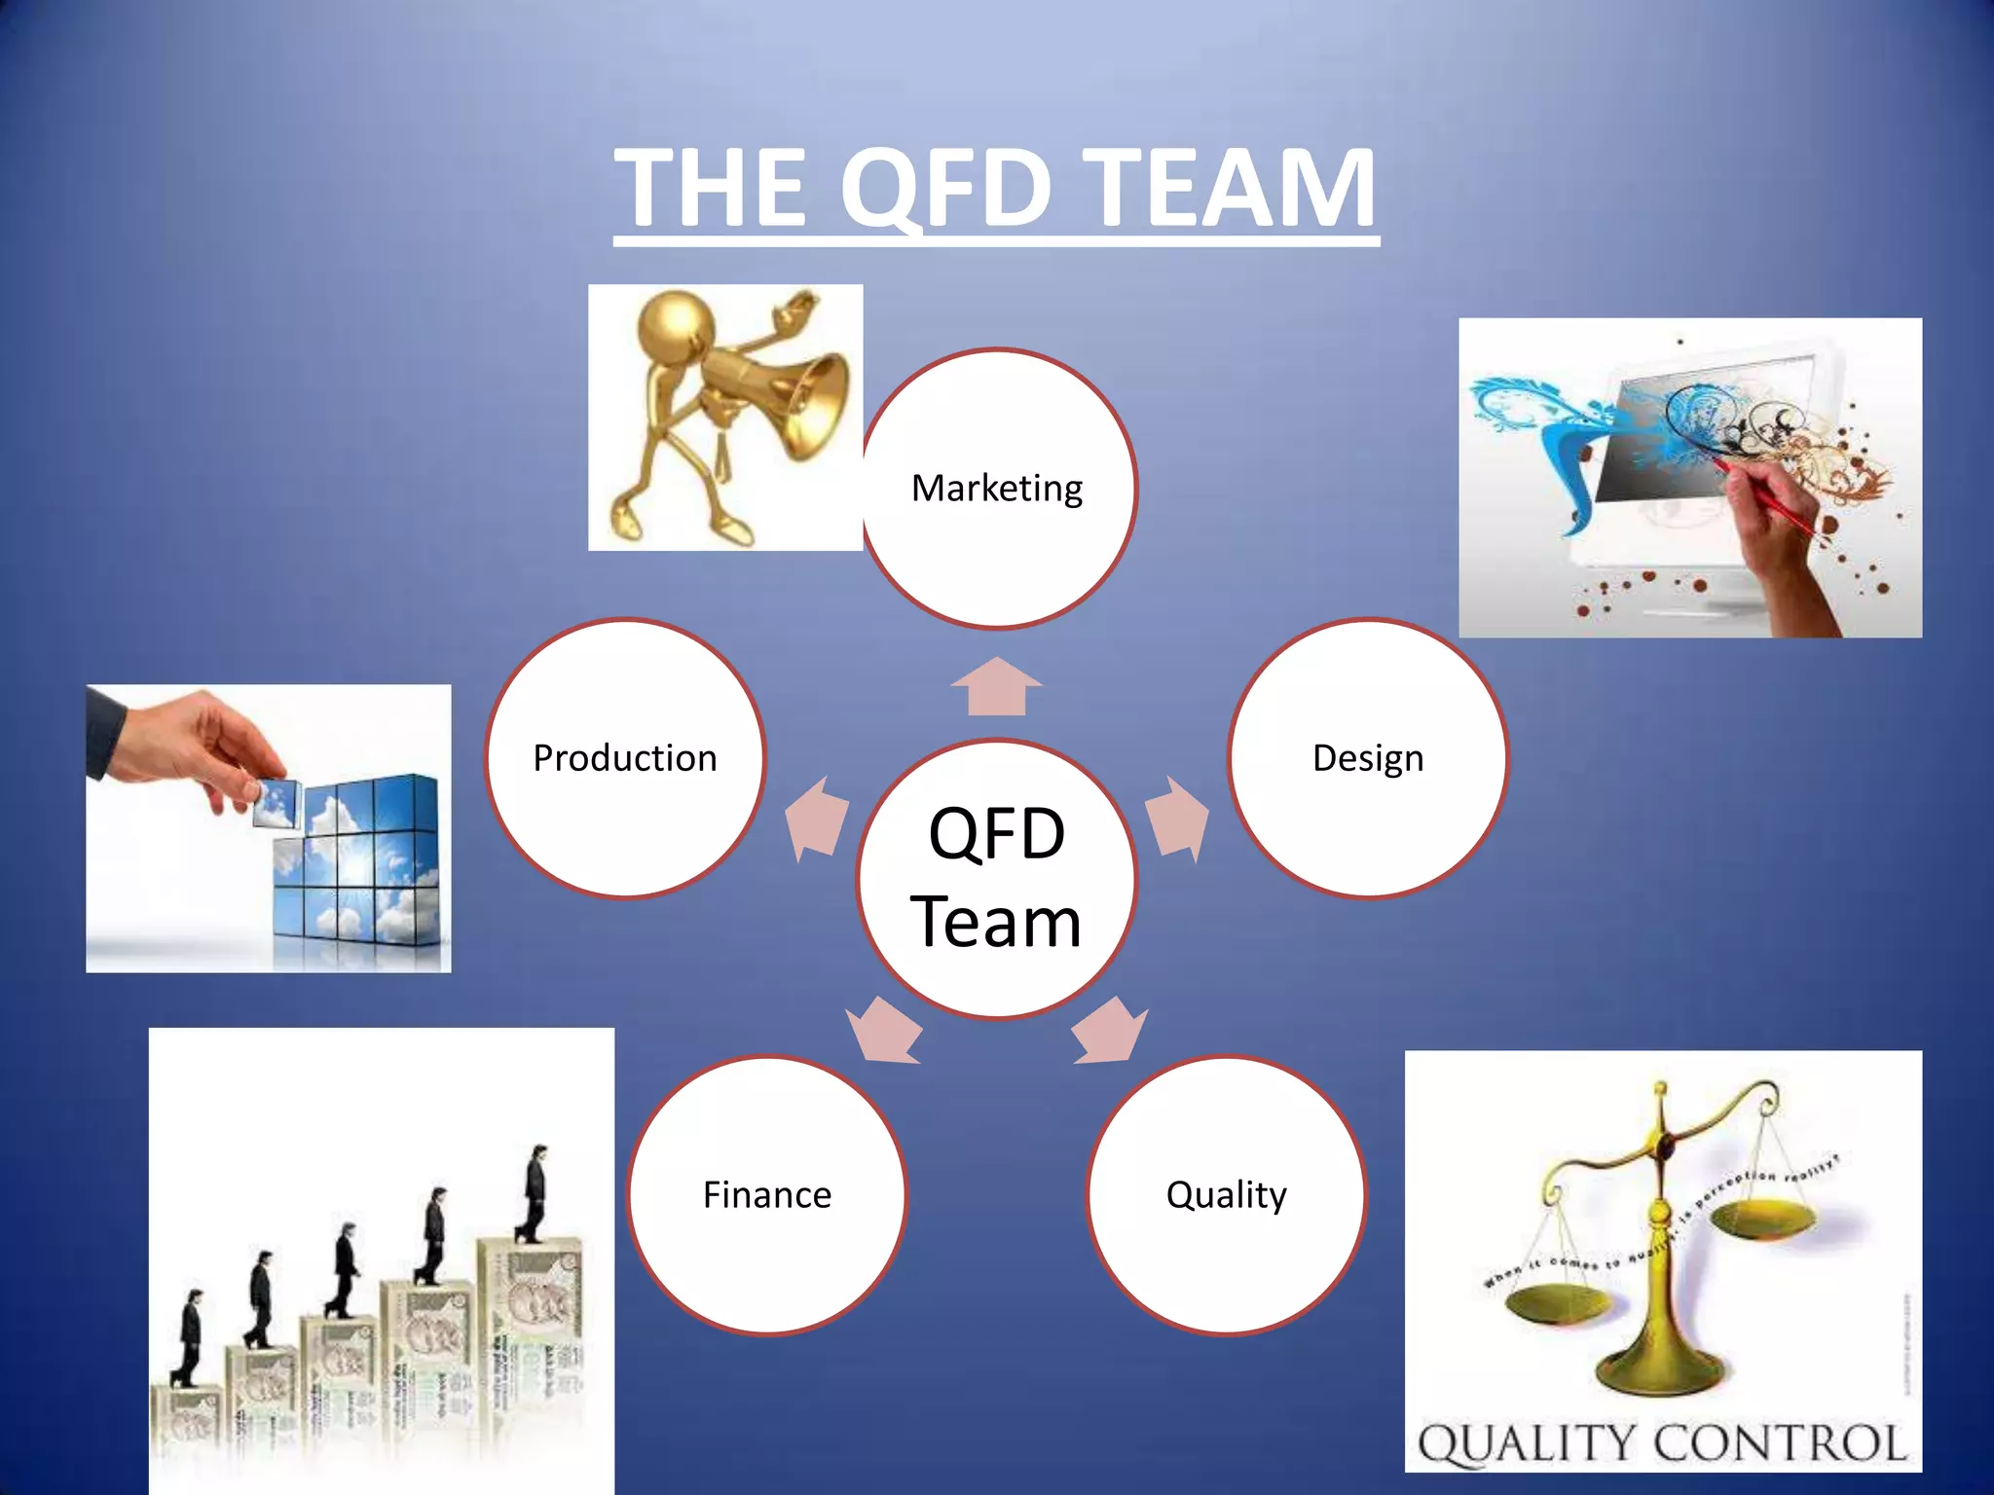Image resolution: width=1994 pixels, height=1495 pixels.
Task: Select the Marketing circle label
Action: coord(997,488)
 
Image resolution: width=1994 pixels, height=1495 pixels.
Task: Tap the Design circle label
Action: coord(1367,758)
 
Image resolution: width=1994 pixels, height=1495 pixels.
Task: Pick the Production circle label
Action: coord(625,758)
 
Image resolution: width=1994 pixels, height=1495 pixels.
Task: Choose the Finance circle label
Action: coord(767,1195)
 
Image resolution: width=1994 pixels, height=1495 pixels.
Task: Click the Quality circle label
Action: coord(1226,1195)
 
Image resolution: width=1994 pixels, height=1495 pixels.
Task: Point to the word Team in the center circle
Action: coord(996,922)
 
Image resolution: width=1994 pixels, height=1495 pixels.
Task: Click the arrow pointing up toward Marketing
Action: coord(997,686)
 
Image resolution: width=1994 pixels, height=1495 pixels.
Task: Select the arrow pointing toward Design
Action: coord(1178,818)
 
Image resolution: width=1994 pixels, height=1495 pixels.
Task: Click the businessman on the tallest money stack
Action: coord(535,1192)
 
